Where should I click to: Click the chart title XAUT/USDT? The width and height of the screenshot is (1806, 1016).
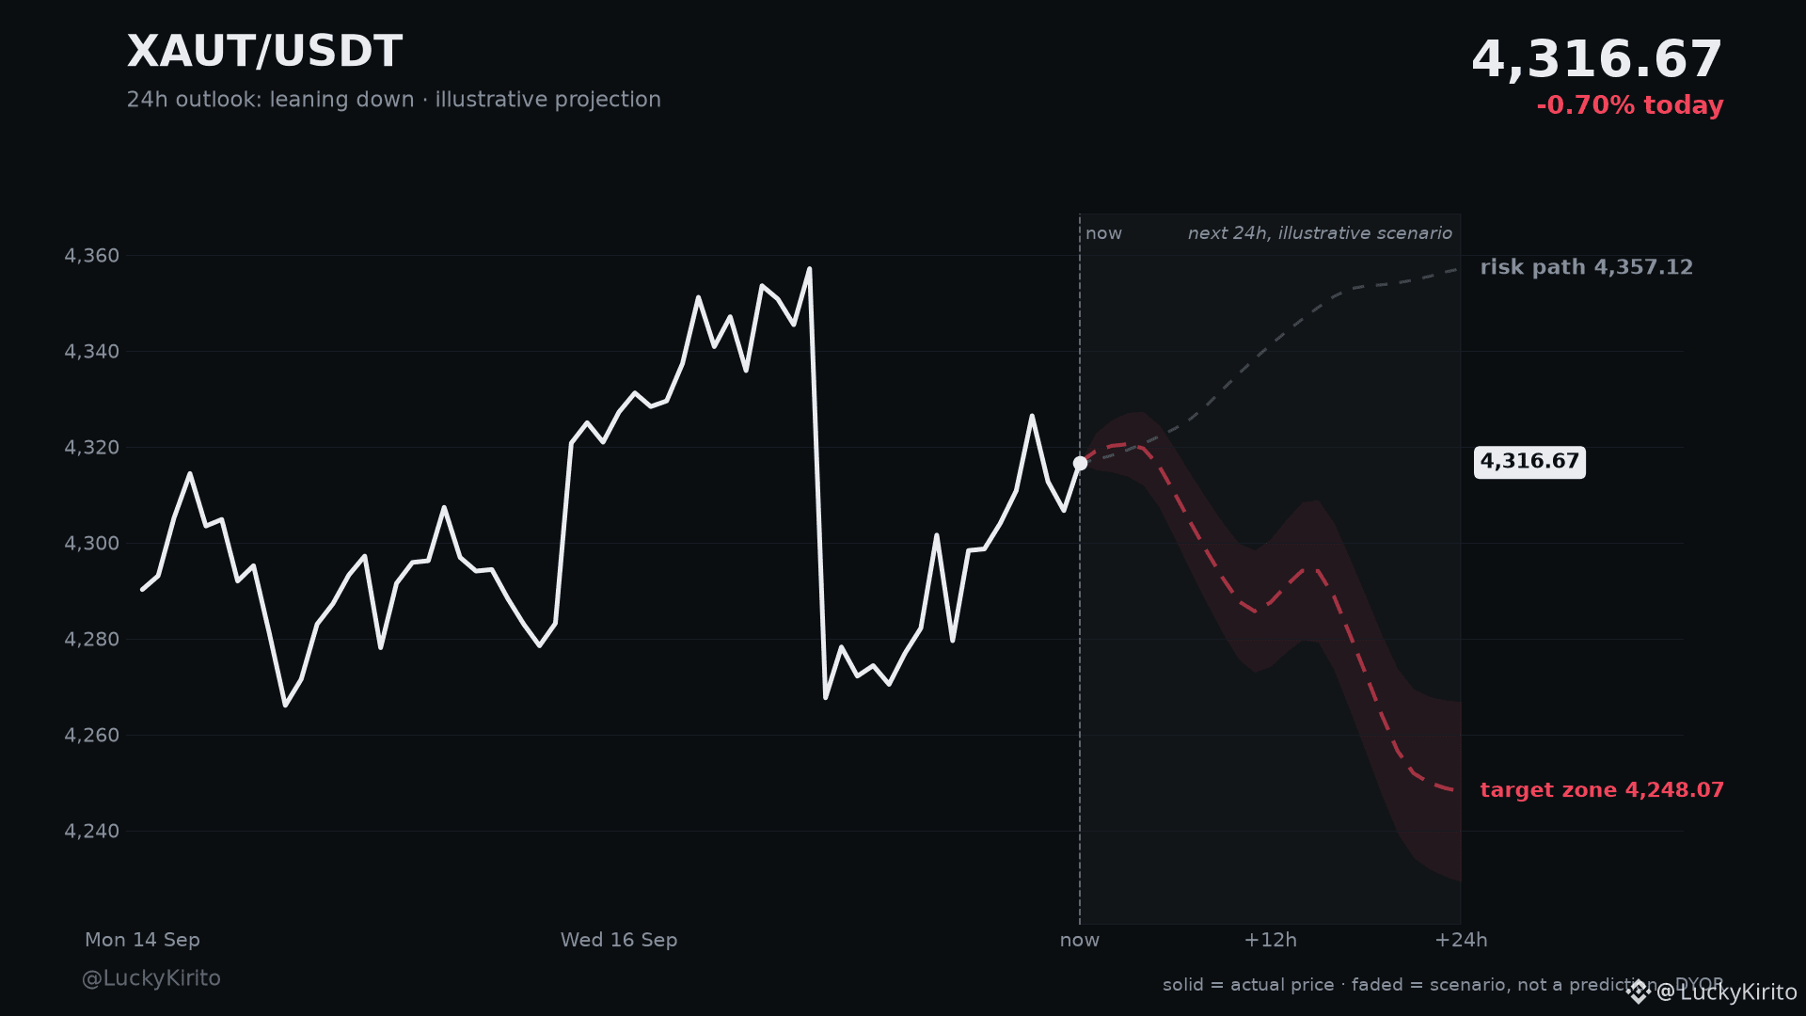(x=264, y=52)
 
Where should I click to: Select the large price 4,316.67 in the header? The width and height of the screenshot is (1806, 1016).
(x=1596, y=60)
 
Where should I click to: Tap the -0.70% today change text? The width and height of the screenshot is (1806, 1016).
(x=1629, y=105)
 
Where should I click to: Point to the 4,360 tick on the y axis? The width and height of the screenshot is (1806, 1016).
(x=92, y=256)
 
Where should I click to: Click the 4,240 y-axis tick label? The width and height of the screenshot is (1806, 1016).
(x=92, y=832)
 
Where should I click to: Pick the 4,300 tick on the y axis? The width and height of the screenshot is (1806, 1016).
(x=92, y=544)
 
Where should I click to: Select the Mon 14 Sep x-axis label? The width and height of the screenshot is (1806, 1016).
(x=142, y=940)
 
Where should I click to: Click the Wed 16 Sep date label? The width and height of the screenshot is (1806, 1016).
(x=619, y=940)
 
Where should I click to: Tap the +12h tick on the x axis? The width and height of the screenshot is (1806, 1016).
(x=1270, y=940)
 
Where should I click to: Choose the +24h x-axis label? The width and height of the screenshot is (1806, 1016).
(x=1461, y=940)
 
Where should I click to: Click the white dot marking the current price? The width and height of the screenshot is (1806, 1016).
(x=1080, y=463)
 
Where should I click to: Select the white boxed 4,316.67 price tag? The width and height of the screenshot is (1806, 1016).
(x=1529, y=462)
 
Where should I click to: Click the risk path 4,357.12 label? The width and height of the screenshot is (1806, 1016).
(x=1586, y=267)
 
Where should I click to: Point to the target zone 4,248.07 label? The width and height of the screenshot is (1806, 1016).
(x=1602, y=790)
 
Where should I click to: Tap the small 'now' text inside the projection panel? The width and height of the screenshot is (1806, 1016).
(x=1103, y=233)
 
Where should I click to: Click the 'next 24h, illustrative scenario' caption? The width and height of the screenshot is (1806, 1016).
(x=1320, y=233)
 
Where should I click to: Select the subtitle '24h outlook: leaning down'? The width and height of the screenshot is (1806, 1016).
(x=271, y=100)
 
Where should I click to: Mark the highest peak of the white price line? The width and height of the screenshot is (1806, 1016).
(x=809, y=269)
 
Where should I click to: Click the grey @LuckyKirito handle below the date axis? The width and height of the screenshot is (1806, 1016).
(x=151, y=978)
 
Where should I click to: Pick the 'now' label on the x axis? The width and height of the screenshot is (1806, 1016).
(x=1080, y=940)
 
